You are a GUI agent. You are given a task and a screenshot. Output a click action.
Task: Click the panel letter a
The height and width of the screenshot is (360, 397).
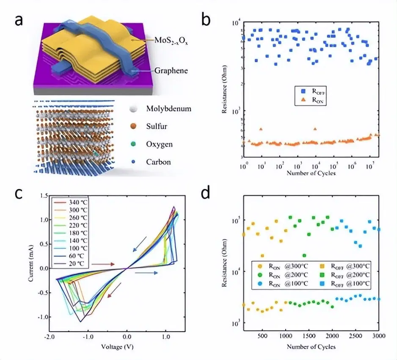(x=19, y=20)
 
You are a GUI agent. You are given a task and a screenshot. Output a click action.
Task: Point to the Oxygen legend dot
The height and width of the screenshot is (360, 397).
(x=132, y=144)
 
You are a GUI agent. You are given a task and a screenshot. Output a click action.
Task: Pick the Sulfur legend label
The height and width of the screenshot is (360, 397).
(x=152, y=127)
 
